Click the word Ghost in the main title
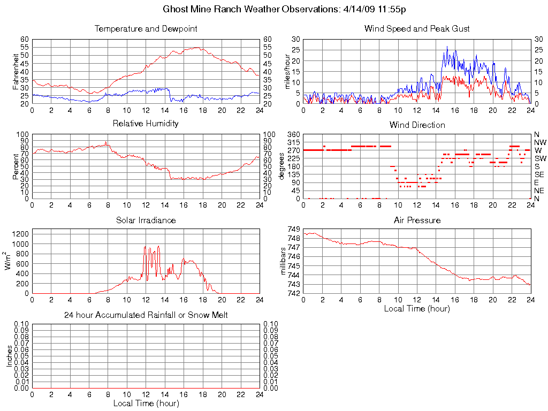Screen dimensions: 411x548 175,10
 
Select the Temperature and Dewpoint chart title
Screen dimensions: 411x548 146,29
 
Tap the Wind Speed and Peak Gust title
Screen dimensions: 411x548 417,29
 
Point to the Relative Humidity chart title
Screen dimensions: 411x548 146,124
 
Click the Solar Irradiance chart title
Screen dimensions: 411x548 146,220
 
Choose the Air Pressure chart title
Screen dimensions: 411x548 417,220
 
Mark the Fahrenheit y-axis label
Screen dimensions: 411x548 16,71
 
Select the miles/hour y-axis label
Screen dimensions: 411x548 287,71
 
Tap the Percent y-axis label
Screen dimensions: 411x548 16,166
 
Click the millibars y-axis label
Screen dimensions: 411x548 284,261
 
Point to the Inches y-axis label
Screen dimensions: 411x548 9,356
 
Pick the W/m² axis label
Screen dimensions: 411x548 9,261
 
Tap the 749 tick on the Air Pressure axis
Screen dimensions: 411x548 293,229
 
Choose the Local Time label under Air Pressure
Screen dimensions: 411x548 417,308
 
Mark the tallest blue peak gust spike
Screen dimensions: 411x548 447,47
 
